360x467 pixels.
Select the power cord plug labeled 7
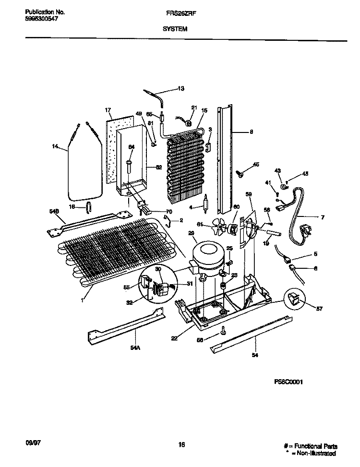click(303, 230)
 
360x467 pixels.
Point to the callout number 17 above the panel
click(108, 110)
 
